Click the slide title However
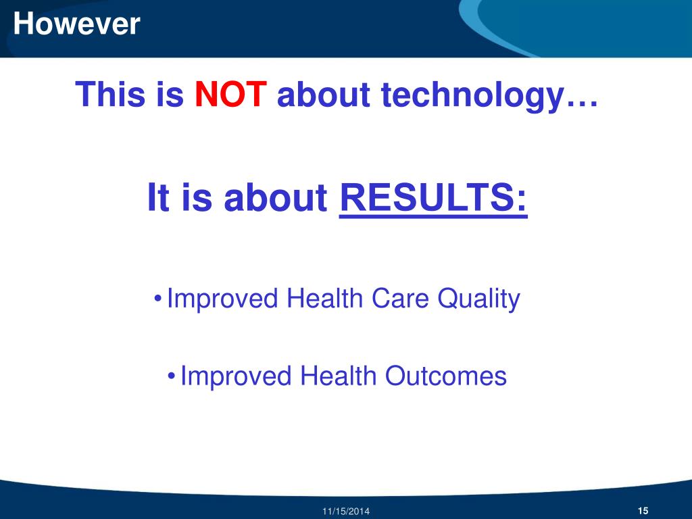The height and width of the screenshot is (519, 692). [77, 24]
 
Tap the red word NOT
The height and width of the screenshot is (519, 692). [230, 94]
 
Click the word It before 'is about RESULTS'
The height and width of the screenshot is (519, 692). [158, 197]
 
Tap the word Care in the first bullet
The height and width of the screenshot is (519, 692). [400, 298]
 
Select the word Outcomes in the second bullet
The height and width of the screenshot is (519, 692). [446, 376]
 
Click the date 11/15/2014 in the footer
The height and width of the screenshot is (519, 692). [346, 512]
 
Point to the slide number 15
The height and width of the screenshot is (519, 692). [643, 511]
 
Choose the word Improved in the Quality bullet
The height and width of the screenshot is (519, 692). [222, 299]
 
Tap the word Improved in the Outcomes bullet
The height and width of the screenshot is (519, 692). [236, 377]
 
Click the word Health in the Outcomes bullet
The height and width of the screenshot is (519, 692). [338, 376]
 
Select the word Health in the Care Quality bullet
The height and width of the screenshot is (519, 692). [325, 298]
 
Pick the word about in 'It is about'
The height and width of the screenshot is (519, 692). [276, 197]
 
